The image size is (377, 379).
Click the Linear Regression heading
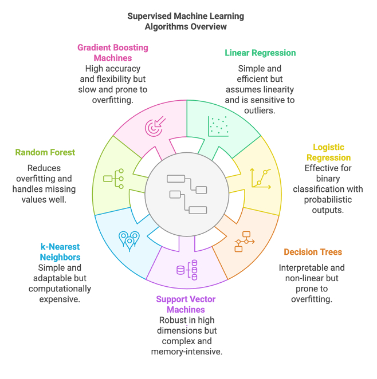(260, 53)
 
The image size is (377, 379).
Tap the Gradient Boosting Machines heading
(112, 53)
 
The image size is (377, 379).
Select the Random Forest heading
(45, 152)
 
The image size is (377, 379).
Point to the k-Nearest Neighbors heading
(60, 252)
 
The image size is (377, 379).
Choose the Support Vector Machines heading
(186, 304)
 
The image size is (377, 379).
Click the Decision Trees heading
(312, 252)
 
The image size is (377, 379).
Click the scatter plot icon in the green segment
(218, 126)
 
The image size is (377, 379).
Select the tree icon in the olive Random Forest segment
(113, 179)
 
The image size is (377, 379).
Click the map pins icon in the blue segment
(129, 239)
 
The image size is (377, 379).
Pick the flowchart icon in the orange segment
(245, 241)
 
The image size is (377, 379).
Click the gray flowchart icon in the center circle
(187, 194)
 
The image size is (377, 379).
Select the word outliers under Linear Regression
(260, 110)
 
